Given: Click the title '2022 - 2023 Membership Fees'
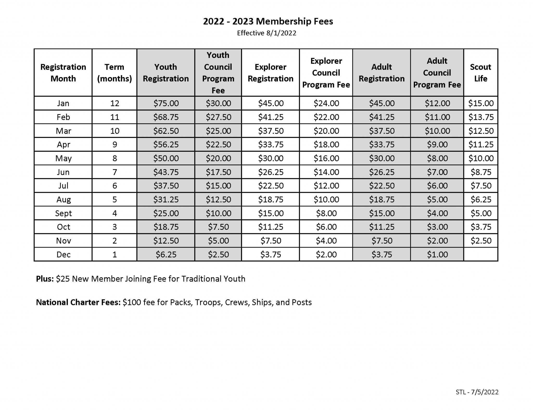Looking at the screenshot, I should [268, 21].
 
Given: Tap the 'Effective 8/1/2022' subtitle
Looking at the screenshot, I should [266, 33].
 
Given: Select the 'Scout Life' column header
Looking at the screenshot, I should [480, 73].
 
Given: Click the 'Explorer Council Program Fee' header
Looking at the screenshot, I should [326, 73].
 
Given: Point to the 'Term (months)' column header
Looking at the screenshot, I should [114, 73].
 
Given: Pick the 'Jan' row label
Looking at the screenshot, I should [63, 103].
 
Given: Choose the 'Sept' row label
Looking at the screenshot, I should [63, 213].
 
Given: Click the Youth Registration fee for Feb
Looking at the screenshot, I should [166, 117].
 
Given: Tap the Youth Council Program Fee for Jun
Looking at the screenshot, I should [218, 172].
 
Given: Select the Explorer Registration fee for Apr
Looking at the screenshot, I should [271, 145].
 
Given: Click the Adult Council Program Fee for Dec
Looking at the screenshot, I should [437, 255].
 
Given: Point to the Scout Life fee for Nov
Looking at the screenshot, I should [481, 241].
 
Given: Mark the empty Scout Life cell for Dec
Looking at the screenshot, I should [481, 255].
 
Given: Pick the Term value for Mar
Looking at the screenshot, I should [115, 131].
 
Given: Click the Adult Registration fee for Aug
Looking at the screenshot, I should [382, 200].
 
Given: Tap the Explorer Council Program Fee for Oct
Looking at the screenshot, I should [326, 227].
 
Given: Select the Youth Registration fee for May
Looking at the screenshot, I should [166, 158].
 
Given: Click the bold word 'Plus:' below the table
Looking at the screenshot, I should [45, 279].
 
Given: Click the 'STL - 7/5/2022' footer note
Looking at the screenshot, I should [477, 392].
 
